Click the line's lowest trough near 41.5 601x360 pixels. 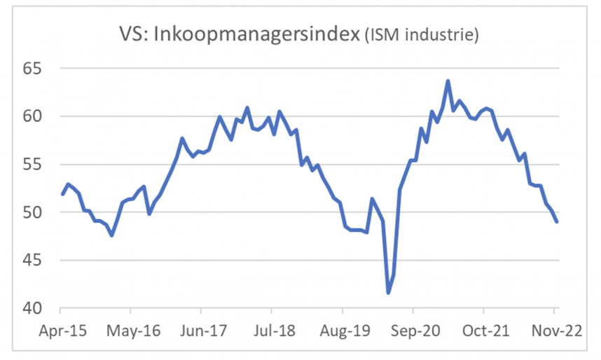pos(388,293)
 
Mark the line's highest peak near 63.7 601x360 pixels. pos(448,81)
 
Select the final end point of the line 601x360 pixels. pos(557,221)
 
